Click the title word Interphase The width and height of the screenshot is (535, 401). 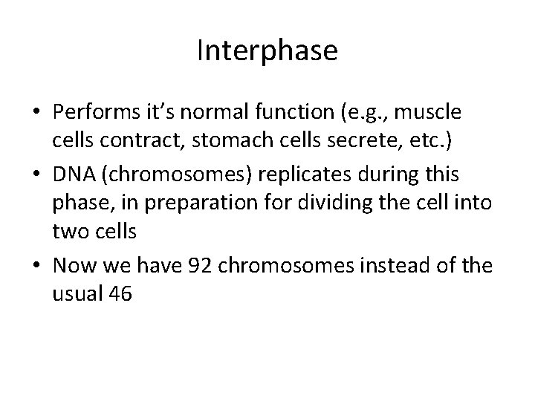click(267, 51)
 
